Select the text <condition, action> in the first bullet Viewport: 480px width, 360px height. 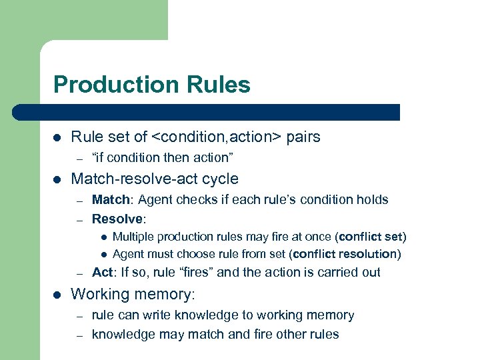pos(217,137)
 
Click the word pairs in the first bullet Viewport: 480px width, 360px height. pos(303,137)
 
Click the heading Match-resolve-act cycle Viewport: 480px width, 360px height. pos(154,179)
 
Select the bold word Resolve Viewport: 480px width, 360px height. pos(117,219)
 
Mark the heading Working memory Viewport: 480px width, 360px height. pos(133,293)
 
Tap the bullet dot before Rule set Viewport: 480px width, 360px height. pos(57,138)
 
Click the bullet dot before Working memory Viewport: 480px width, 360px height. pos(57,294)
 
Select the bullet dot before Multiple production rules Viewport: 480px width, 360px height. pos(104,237)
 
